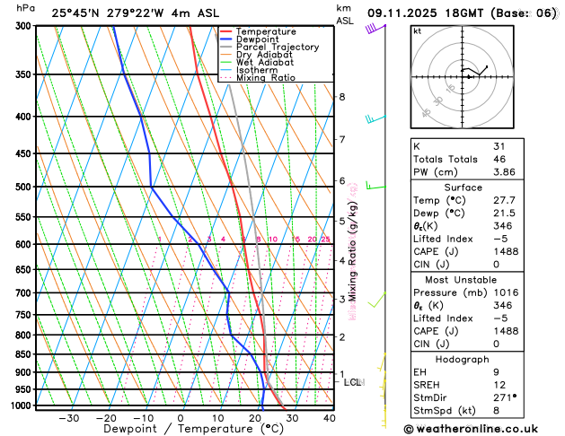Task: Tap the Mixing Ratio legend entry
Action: tap(265, 77)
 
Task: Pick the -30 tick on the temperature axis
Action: tap(68, 418)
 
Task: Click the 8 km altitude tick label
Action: tap(341, 97)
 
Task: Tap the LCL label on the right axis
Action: tap(353, 382)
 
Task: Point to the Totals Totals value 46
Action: tap(499, 158)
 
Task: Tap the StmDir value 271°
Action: tap(504, 397)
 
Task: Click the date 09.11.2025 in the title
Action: tap(412, 13)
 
